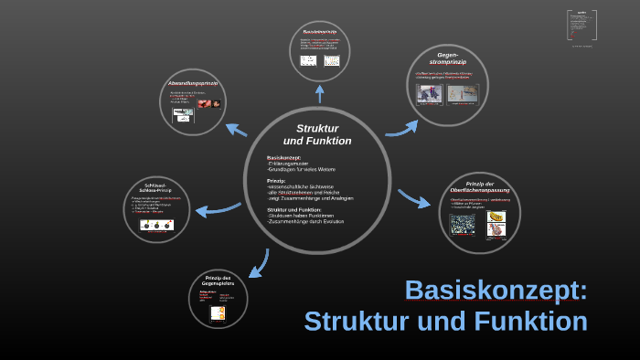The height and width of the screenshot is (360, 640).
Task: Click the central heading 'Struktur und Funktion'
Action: (x=317, y=134)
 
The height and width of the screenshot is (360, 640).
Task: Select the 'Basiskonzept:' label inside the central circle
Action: (x=284, y=157)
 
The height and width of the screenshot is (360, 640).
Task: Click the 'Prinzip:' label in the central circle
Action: (x=276, y=181)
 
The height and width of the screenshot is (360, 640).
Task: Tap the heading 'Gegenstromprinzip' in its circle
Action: (x=448, y=59)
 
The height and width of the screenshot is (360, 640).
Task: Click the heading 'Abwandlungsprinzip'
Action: (x=192, y=83)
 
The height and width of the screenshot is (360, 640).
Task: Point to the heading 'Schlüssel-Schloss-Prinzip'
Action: (x=156, y=188)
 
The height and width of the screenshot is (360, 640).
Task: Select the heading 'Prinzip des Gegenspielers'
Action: (x=218, y=281)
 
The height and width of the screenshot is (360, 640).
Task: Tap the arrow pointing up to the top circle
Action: (x=319, y=92)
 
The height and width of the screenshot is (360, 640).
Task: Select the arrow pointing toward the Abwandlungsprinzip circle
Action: (x=236, y=130)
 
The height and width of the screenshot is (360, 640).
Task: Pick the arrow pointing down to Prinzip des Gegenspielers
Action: (x=258, y=264)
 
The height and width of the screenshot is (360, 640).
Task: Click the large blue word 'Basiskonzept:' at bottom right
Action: (x=496, y=290)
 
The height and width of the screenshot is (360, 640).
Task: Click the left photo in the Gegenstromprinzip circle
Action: (x=430, y=93)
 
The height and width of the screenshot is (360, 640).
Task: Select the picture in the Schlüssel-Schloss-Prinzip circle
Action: (x=156, y=225)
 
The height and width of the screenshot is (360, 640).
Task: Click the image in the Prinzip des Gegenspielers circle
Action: (x=218, y=312)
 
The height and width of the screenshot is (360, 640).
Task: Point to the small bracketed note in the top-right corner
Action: (x=581, y=26)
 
